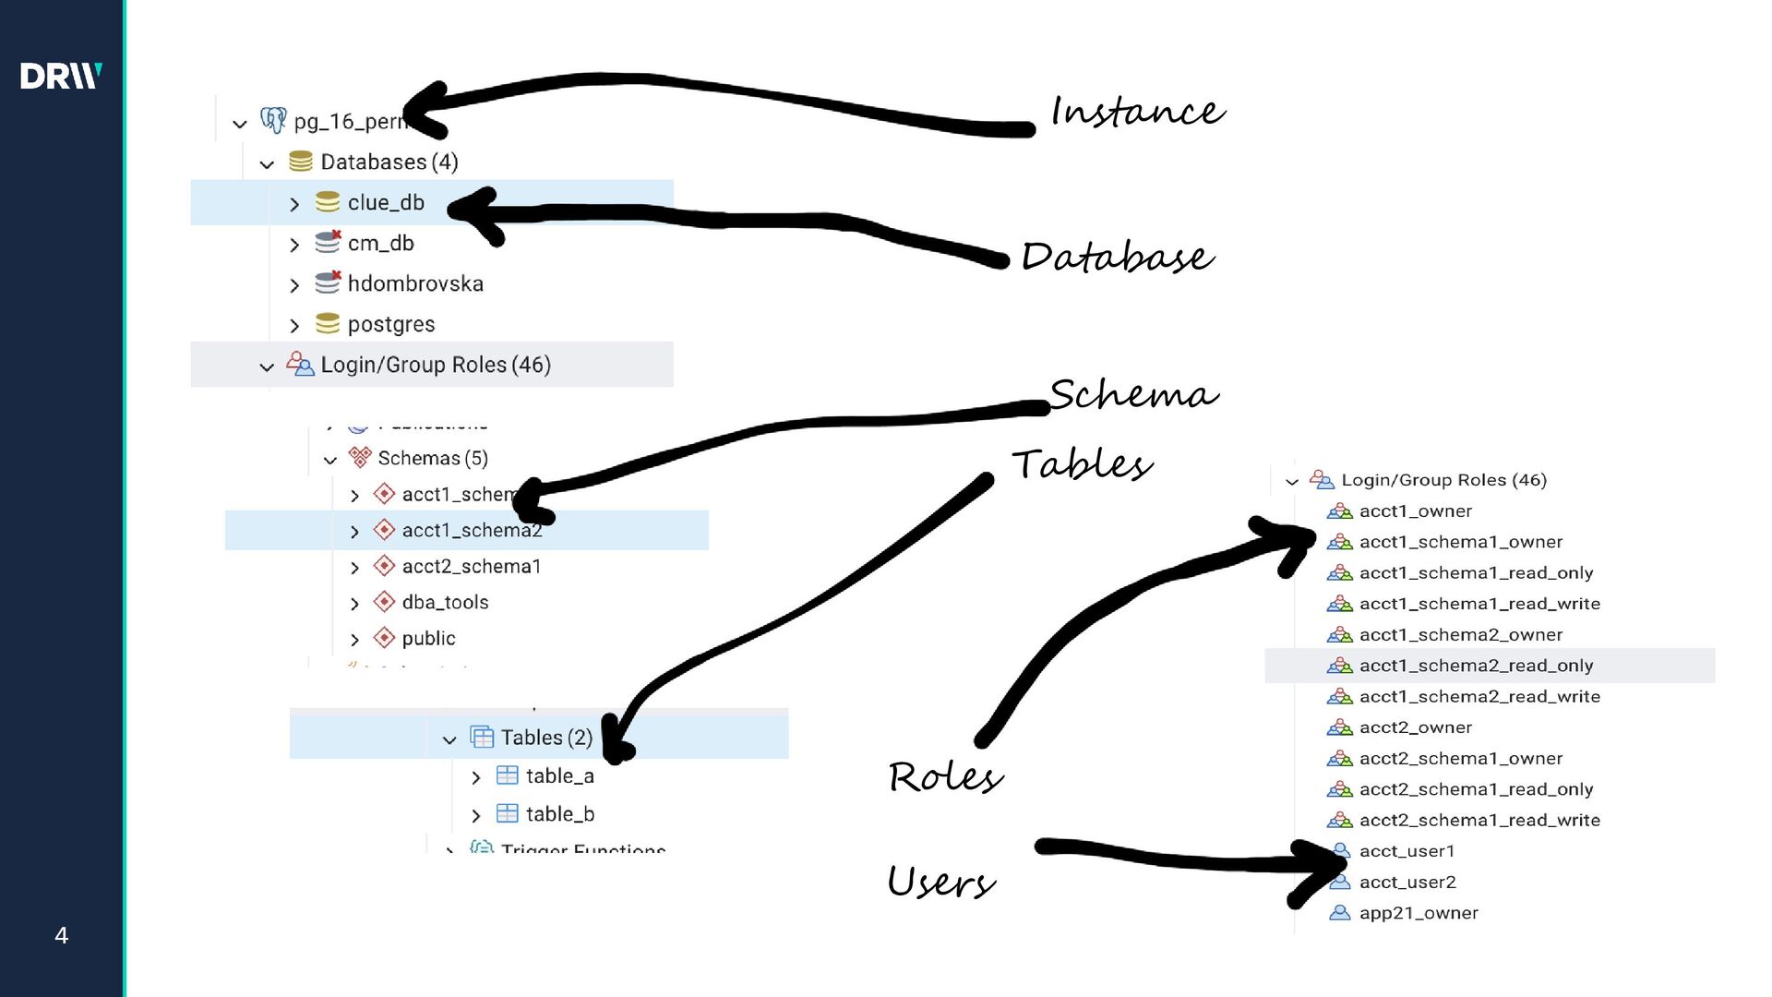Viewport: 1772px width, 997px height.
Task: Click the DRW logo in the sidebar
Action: [x=61, y=76]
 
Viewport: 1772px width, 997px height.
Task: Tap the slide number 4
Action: [x=62, y=935]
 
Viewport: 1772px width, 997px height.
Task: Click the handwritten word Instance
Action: [x=1137, y=112]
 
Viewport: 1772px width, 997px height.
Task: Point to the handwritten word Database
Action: [x=1117, y=257]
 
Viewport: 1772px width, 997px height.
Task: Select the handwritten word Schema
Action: [x=1133, y=395]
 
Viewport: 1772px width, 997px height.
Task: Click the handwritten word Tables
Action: [x=1082, y=464]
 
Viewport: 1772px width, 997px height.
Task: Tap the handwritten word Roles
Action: [x=945, y=777]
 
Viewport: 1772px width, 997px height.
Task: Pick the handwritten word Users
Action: [x=941, y=883]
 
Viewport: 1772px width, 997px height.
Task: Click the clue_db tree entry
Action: [x=386, y=203]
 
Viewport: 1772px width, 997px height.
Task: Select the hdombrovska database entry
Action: [x=414, y=284]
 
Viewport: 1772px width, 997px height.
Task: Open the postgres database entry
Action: [x=390, y=325]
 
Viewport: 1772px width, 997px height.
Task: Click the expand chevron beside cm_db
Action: [x=294, y=246]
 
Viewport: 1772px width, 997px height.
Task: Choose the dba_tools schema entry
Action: [x=445, y=603]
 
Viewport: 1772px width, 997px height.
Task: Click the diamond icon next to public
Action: [x=384, y=638]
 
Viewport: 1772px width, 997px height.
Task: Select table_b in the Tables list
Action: [x=559, y=814]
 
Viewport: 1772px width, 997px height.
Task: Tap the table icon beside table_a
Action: [x=507, y=776]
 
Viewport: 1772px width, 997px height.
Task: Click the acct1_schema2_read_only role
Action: [x=1475, y=666]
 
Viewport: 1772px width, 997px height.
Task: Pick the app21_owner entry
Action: [x=1418, y=913]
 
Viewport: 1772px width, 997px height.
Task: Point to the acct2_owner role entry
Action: [x=1415, y=727]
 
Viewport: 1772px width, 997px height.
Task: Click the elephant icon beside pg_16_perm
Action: [x=273, y=121]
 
